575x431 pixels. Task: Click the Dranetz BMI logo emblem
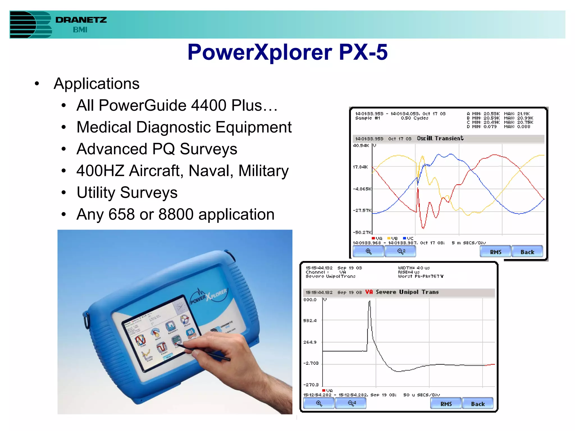30,25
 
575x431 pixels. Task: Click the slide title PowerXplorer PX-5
287,52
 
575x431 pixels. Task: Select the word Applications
96,84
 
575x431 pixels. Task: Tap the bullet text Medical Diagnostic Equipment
184,127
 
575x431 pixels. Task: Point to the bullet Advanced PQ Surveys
157,149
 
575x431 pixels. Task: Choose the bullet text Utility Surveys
127,193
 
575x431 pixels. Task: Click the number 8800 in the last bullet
176,215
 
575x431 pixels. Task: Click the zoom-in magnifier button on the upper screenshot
368,251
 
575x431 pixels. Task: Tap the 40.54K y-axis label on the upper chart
361,146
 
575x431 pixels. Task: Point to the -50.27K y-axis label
362,232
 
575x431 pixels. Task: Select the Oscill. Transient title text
440,138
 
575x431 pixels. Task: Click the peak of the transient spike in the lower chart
369,302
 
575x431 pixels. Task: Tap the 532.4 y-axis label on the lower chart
310,320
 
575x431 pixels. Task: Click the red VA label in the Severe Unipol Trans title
369,292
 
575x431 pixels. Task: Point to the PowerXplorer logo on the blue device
208,296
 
